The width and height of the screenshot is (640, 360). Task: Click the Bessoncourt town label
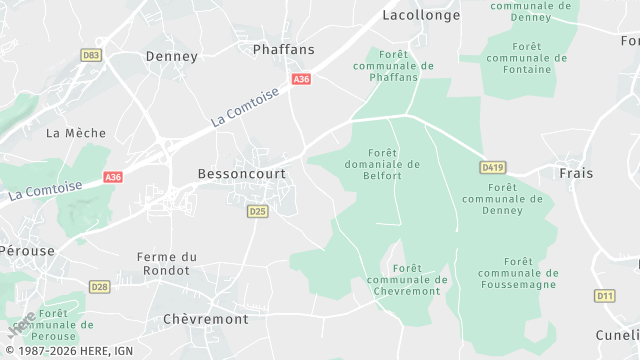[x=241, y=173]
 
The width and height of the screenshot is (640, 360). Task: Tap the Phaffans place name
[x=283, y=49]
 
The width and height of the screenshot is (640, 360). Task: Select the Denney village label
[x=172, y=56]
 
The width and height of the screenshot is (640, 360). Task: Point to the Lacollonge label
[x=421, y=15]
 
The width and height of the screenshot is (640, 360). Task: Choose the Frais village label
[x=576, y=173]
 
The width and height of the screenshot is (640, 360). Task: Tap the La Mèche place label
[x=70, y=132]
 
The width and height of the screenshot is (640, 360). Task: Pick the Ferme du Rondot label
[x=166, y=263]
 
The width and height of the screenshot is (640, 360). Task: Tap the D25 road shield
[x=257, y=211]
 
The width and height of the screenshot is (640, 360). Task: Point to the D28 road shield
[x=99, y=287]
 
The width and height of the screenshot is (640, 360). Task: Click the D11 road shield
[x=604, y=295]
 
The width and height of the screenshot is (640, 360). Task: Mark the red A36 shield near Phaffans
[x=301, y=79]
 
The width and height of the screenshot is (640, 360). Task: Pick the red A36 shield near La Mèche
[x=113, y=177]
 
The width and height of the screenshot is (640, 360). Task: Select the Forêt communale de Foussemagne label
[x=519, y=272]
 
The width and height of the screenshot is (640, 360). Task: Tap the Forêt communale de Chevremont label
[x=407, y=279]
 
